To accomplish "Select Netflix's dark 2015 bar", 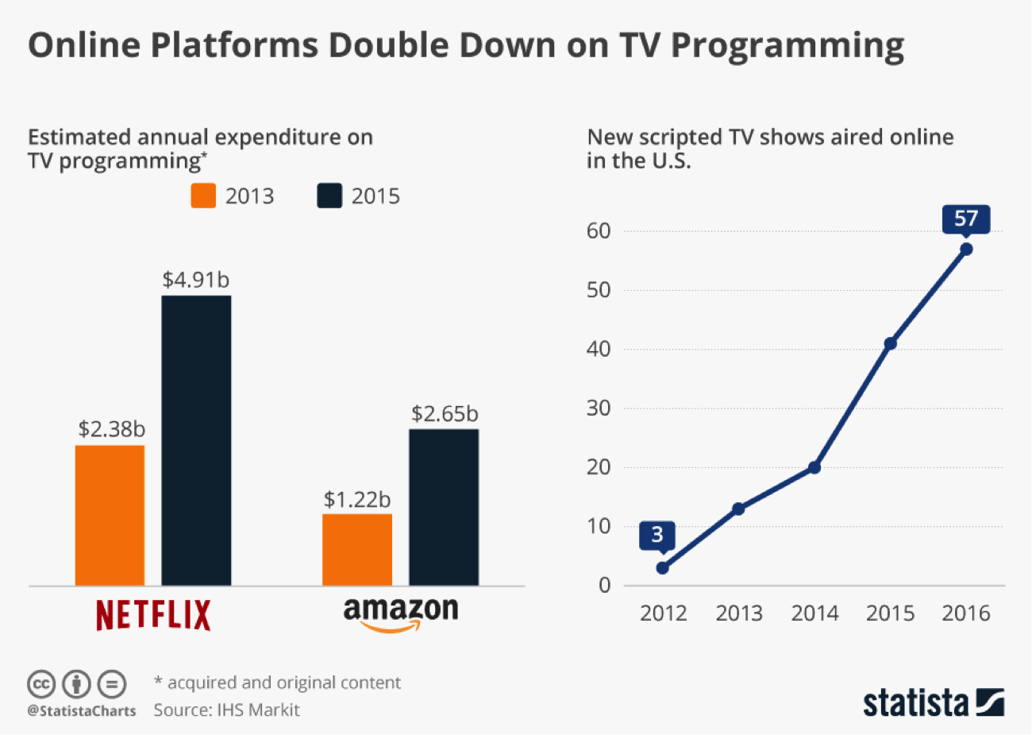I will coord(196,440).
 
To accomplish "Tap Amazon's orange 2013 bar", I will coord(356,550).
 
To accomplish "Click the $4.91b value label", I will coord(196,280).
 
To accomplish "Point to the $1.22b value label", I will coord(357,499).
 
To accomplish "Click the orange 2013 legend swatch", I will coord(203,195).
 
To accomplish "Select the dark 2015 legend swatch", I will coord(329,195).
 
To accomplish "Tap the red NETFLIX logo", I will coord(153,615).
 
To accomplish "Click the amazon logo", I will coord(401,613).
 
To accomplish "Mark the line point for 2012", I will coord(663,567).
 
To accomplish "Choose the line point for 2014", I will coord(814,467).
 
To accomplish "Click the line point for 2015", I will coord(890,343).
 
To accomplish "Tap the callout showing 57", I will coord(966,219).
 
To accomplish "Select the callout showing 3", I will coord(657,535).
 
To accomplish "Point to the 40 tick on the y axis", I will coord(599,349).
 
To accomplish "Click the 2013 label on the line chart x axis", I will coord(739,613).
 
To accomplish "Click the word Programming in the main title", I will coord(787,46).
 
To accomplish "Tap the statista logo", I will coord(934,702).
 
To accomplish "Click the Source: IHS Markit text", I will coord(226,710).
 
